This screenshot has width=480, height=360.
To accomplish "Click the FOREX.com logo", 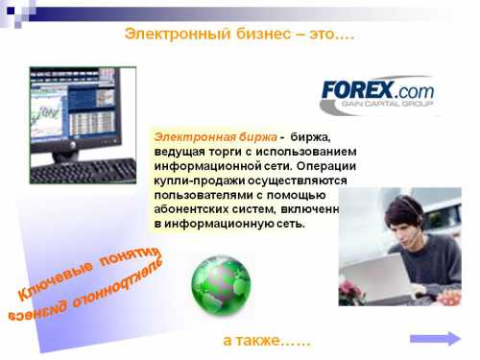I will [376, 89].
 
